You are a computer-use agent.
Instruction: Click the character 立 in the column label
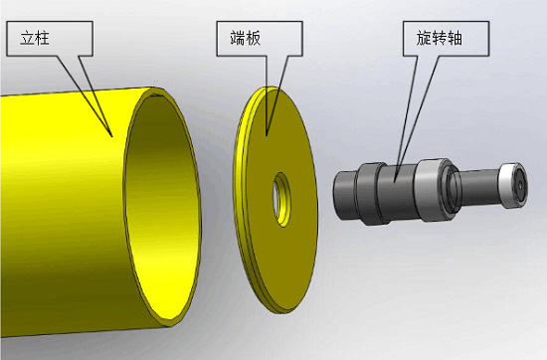27,38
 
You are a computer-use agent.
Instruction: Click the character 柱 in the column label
42,38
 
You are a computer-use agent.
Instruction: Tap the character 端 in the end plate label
238,38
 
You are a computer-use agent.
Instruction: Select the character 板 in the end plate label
253,38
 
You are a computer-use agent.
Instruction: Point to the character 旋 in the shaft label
424,38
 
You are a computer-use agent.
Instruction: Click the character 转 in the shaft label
440,38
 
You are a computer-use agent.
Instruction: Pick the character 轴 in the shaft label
455,38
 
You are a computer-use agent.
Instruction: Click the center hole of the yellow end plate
281,199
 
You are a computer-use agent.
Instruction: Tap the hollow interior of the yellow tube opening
162,206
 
